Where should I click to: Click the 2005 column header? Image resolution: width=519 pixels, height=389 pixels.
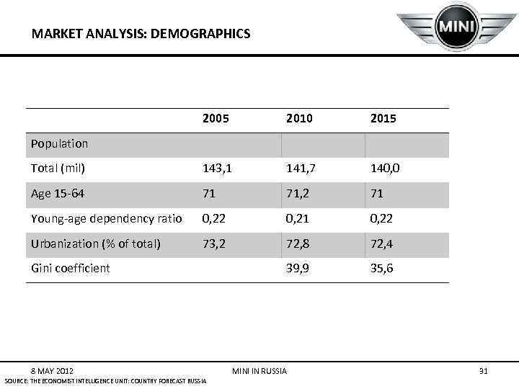pos(216,119)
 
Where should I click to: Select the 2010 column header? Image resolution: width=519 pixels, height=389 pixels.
pos(299,119)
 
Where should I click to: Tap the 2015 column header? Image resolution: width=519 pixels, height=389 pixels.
pos(383,119)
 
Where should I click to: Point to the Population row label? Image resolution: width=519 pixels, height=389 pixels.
pos(59,143)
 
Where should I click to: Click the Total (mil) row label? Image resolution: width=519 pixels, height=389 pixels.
pos(58,169)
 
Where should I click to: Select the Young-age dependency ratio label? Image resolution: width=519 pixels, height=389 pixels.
pos(105,218)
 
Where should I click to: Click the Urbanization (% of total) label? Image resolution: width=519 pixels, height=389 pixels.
pos(95,243)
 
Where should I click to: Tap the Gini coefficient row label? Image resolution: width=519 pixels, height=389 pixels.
pos(71,268)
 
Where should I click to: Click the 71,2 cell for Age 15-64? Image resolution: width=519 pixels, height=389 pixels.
pos(296,193)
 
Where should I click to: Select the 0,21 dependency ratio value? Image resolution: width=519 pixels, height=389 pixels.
pos(296,218)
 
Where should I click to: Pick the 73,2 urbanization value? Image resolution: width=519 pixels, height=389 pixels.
pos(213,243)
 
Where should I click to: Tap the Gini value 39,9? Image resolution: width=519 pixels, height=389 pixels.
pos(297,268)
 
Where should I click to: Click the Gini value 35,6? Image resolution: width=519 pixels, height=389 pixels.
pos(381,268)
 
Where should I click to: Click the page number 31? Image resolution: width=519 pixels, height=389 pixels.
pos(484,371)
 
